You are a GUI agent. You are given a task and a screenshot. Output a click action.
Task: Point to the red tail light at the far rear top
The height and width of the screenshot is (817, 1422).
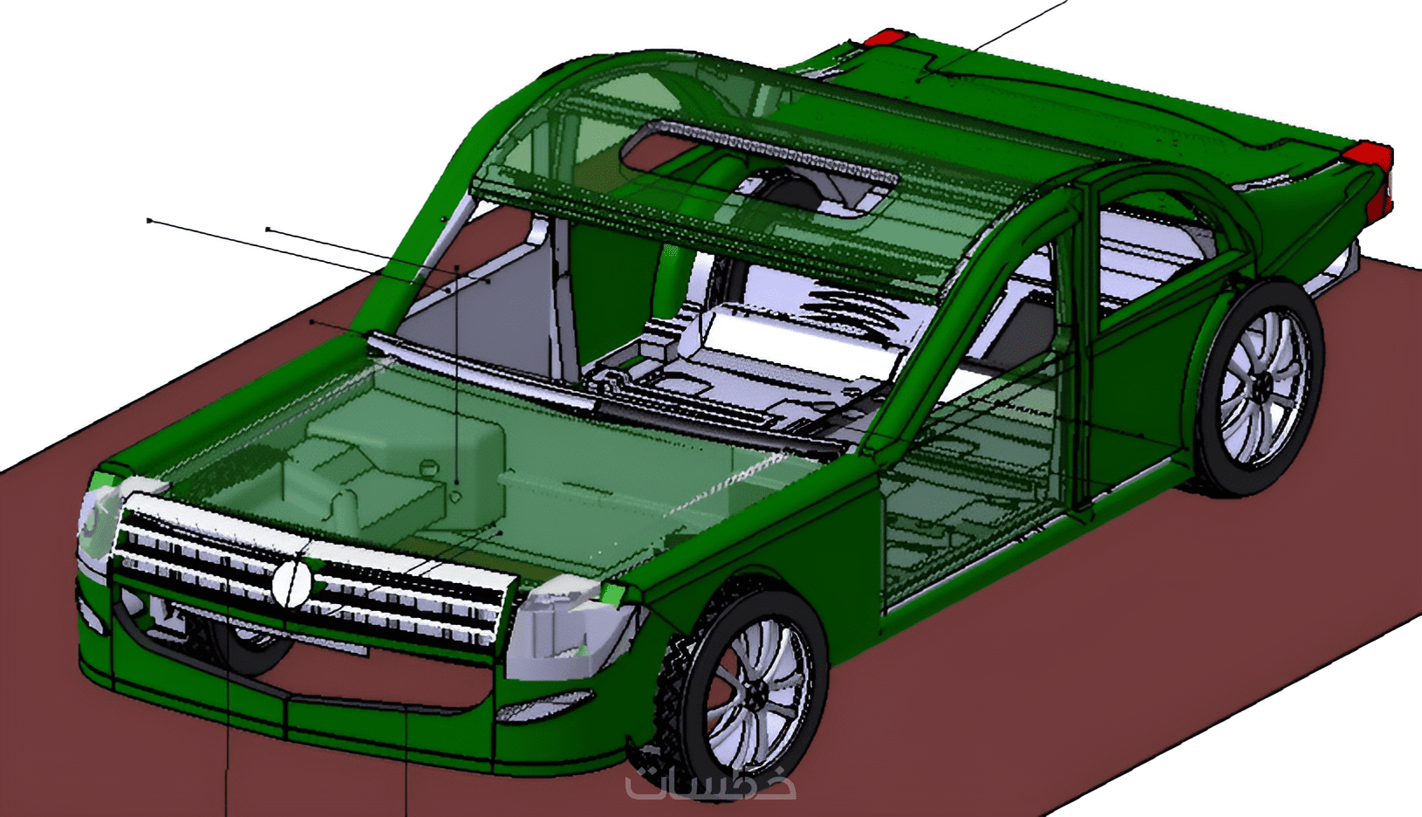[x=883, y=38]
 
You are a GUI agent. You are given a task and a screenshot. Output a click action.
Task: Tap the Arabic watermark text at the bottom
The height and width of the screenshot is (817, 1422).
[x=710, y=786]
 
